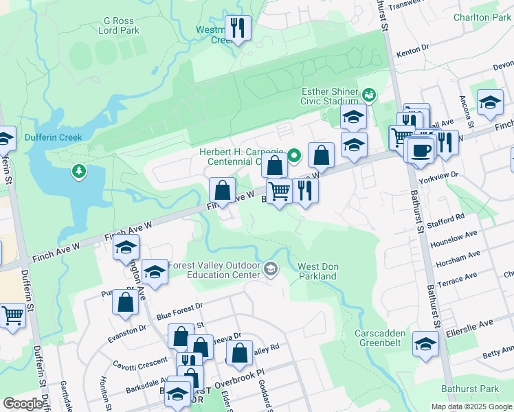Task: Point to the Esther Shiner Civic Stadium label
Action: click(330, 96)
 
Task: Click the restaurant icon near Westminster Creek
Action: click(238, 28)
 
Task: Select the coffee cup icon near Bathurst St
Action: click(421, 150)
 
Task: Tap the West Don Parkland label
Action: click(317, 271)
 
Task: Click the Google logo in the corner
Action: click(23, 404)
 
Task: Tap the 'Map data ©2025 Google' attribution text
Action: click(471, 407)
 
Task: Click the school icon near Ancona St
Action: click(489, 103)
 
